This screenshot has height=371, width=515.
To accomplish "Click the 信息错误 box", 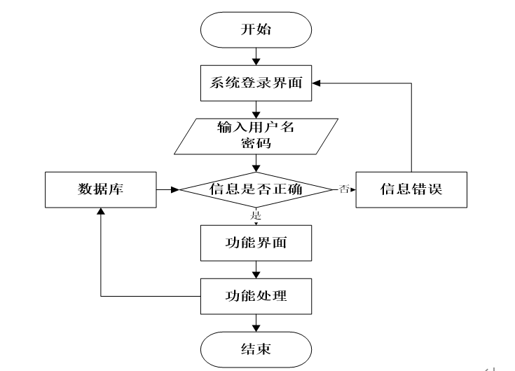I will [x=411, y=189].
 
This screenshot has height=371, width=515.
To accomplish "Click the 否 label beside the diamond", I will [x=343, y=189].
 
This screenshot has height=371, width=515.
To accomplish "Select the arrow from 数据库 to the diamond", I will [x=169, y=189].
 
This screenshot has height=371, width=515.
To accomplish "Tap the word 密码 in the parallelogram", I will [x=256, y=144].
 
